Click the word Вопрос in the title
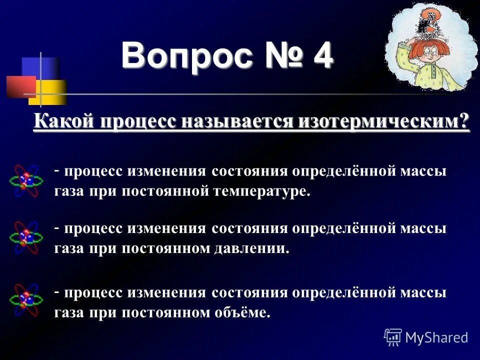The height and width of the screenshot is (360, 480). tap(187, 56)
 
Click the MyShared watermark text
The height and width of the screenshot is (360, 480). tap(436, 337)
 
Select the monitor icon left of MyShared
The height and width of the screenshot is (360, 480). tap(393, 337)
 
